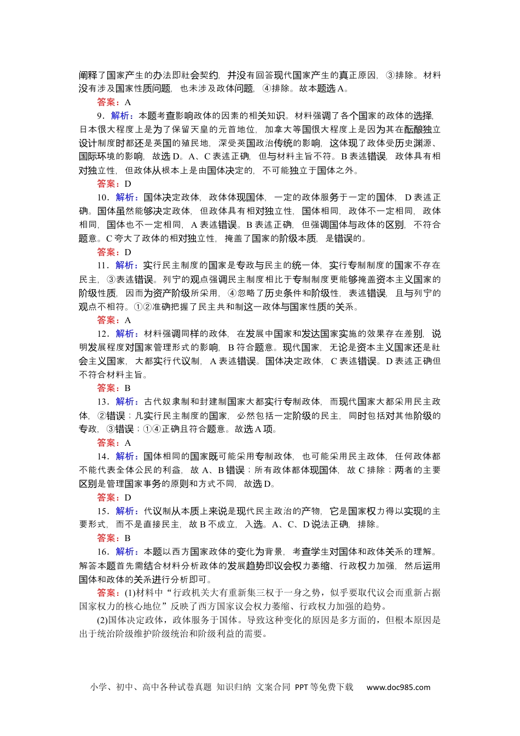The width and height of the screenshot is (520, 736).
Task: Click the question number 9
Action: (100, 116)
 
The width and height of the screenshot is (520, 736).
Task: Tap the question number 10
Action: (102, 197)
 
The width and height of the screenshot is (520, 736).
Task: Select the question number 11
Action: (102, 266)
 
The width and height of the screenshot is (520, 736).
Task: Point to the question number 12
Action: (102, 334)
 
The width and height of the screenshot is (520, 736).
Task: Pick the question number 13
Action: (102, 402)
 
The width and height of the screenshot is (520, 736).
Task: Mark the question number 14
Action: (102, 456)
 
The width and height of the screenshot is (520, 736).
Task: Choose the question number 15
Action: (102, 511)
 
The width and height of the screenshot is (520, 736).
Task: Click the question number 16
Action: (102, 552)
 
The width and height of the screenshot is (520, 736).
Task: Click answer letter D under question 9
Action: (128, 184)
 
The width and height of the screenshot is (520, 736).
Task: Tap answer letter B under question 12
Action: (128, 388)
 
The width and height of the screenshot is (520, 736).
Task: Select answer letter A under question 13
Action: (128, 443)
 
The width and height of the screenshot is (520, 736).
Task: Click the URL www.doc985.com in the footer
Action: (398, 687)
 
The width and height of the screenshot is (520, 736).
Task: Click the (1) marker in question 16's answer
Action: (130, 593)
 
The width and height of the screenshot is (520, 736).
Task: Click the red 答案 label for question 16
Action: (108, 593)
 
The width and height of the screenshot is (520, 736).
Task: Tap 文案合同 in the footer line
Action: (273, 687)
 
